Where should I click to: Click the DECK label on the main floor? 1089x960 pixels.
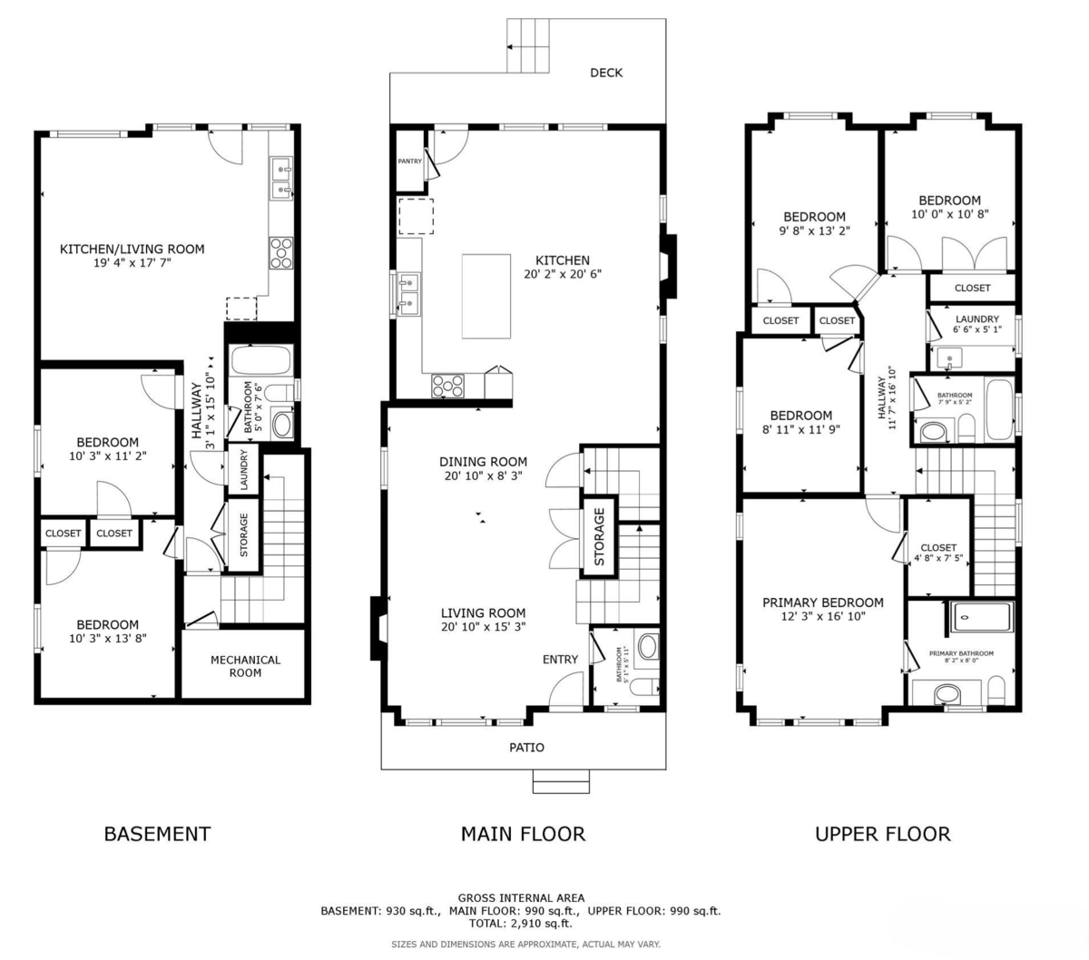pyautogui.click(x=606, y=73)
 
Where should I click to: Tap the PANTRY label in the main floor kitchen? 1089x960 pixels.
pyautogui.click(x=410, y=162)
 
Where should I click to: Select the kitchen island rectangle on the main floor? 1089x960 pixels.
pyautogui.click(x=486, y=296)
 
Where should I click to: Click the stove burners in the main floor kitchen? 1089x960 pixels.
pyautogui.click(x=446, y=386)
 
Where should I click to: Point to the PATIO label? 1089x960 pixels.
pyautogui.click(x=526, y=747)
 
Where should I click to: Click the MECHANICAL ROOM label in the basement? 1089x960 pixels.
pyautogui.click(x=245, y=666)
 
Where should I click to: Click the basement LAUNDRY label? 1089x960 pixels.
pyautogui.click(x=243, y=469)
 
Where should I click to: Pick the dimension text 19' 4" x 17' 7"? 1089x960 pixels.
pyautogui.click(x=132, y=263)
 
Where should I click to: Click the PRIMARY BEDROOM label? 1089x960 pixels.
pyautogui.click(x=822, y=602)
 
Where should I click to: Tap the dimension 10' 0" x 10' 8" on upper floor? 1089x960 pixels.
pyautogui.click(x=949, y=215)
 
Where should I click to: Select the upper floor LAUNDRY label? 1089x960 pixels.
pyautogui.click(x=976, y=319)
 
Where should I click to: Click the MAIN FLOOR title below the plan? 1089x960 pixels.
pyautogui.click(x=523, y=833)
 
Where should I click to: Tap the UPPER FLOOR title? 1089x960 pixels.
pyautogui.click(x=882, y=833)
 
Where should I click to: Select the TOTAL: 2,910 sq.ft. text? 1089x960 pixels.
pyautogui.click(x=520, y=923)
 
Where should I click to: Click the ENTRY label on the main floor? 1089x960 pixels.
pyautogui.click(x=560, y=659)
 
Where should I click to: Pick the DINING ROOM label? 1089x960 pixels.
pyautogui.click(x=483, y=462)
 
